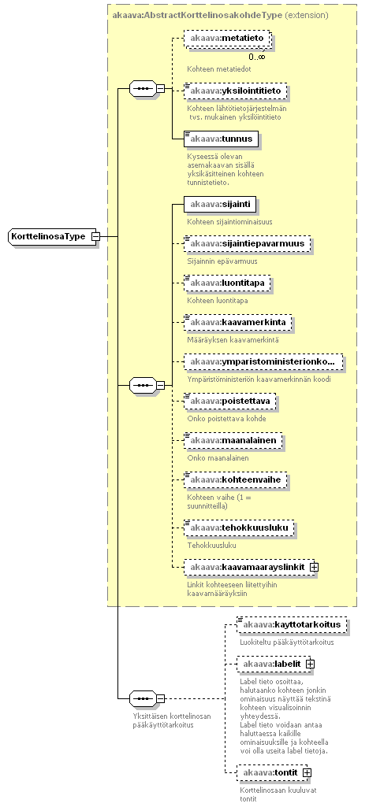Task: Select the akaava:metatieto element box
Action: point(227,39)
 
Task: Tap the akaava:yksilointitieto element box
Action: point(235,91)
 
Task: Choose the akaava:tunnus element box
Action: point(221,139)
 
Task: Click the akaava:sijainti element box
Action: point(219,205)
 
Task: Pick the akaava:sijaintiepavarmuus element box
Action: point(247,243)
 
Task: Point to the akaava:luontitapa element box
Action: point(226,283)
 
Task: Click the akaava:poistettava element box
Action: point(230,401)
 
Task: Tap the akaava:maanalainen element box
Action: point(233,440)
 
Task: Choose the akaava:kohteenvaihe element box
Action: point(235,480)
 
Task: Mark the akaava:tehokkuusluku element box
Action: point(239,528)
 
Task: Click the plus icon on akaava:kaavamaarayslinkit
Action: point(315,567)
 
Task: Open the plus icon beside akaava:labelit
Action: point(310,664)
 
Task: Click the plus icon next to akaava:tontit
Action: point(307,772)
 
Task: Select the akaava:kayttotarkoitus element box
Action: point(291,624)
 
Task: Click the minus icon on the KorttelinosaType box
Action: point(95,236)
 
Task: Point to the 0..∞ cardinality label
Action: point(256,57)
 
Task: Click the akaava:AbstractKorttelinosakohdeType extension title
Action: point(220,15)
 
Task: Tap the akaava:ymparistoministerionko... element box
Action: point(263,362)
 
